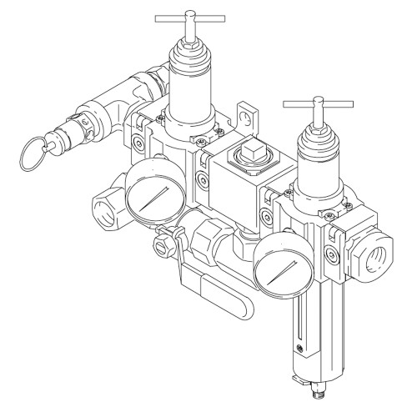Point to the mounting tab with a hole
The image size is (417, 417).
click(x=248, y=113)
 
